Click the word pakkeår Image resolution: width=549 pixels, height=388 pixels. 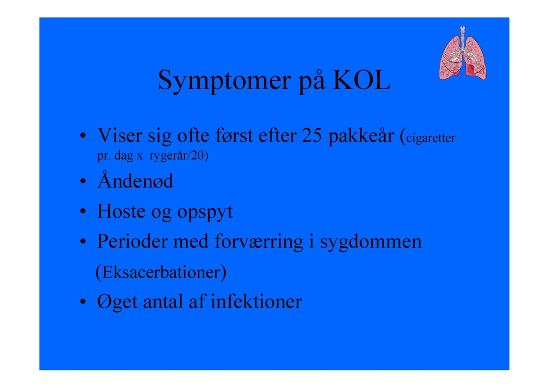click(361, 136)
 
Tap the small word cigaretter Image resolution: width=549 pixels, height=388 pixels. click(431, 138)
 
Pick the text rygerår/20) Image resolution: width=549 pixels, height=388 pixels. click(179, 155)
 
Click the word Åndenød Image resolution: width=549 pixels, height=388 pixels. click(135, 180)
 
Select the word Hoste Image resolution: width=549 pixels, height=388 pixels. click(121, 211)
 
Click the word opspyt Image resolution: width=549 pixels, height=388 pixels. click(205, 212)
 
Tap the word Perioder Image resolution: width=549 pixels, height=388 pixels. click(133, 241)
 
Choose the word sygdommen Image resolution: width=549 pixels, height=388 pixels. click(371, 243)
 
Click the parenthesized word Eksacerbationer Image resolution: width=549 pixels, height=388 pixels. click(161, 272)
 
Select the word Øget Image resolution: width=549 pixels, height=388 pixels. click(117, 302)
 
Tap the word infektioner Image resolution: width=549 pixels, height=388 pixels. click(256, 301)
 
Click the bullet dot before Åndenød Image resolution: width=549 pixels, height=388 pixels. click(83, 181)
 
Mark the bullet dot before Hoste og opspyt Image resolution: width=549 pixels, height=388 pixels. click(83, 211)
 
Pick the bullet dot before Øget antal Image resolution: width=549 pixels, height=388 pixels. click(83, 301)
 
